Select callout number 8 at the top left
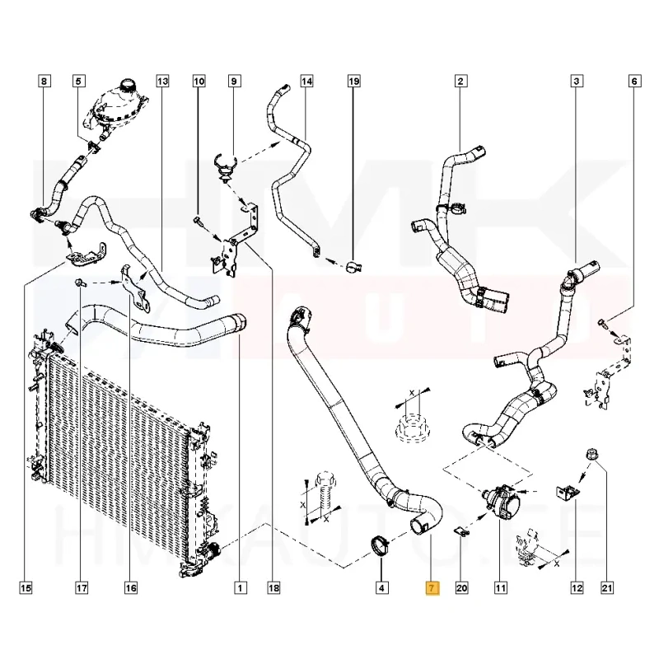pos(44,81)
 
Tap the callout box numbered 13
pos(162,81)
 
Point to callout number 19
pos(353,81)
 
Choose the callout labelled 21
pos(608,588)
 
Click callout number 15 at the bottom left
pos(26,588)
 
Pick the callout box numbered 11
pos(500,588)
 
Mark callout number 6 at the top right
pos(634,81)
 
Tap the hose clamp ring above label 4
pos(381,544)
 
